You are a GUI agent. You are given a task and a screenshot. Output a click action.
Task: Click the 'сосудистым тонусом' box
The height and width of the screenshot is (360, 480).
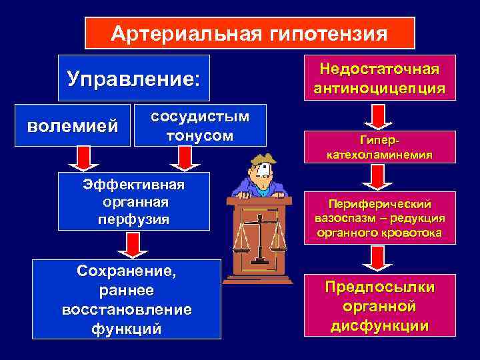(x=200, y=125)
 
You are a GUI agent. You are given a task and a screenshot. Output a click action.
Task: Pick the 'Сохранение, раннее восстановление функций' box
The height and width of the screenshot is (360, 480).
(x=127, y=299)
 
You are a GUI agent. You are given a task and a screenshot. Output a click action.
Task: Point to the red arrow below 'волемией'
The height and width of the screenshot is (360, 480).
(x=83, y=158)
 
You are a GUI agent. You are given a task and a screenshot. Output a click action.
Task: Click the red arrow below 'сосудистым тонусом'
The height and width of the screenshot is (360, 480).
(x=181, y=158)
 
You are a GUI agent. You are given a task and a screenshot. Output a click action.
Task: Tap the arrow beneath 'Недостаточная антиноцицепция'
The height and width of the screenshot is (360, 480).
(x=379, y=116)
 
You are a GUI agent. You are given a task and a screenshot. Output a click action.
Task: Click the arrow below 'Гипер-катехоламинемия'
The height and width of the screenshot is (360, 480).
(x=379, y=177)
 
